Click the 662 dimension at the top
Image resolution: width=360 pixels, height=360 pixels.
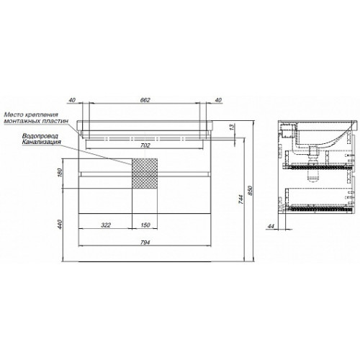pos(145,100)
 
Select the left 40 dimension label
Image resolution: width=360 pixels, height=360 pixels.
pos(72,100)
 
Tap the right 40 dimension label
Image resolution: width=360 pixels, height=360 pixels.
pos(218,100)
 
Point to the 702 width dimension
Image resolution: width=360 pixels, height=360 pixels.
pos(145,145)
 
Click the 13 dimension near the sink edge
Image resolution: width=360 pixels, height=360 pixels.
pos(232,127)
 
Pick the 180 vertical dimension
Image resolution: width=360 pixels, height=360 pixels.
pos(60,172)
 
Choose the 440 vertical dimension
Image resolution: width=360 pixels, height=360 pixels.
pos(60,224)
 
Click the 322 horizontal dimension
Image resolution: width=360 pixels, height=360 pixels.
pos(106,225)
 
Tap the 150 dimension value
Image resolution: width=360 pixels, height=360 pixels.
pos(145,225)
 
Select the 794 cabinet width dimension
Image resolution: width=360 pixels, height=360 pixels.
pos(145,243)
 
